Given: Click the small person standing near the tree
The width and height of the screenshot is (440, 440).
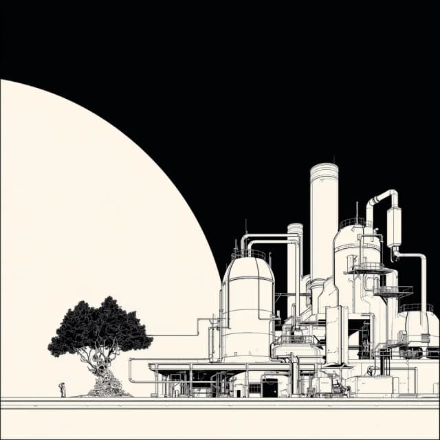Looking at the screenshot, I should click(x=62, y=390).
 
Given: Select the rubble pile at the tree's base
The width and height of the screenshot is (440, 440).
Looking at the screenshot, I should click(x=107, y=388).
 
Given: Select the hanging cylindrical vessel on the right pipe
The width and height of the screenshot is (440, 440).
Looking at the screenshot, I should click(x=394, y=227).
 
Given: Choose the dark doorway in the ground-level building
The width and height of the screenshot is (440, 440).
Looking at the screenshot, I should click(x=269, y=388).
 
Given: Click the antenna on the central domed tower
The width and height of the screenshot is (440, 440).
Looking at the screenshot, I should click(x=356, y=210).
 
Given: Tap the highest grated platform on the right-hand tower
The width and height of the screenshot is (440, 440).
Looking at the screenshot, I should click(x=368, y=268).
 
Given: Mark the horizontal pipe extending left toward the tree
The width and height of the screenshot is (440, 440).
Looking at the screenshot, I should click(x=175, y=335).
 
